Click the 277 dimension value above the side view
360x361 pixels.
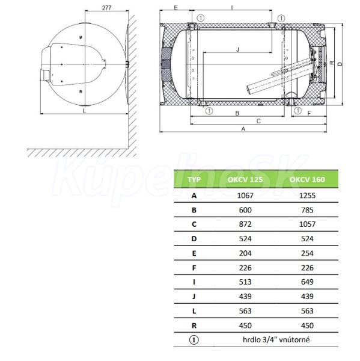[x=107, y=8]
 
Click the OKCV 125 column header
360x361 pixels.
[x=245, y=179]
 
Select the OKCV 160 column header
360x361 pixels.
[x=307, y=179]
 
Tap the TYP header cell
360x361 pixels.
[x=194, y=179]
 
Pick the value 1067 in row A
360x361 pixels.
[x=245, y=196]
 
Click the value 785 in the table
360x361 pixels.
[x=307, y=210]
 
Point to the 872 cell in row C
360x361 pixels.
[x=245, y=224]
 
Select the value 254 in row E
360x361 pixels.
[x=307, y=253]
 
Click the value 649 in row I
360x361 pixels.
[x=307, y=282]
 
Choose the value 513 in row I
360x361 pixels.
[x=245, y=282]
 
